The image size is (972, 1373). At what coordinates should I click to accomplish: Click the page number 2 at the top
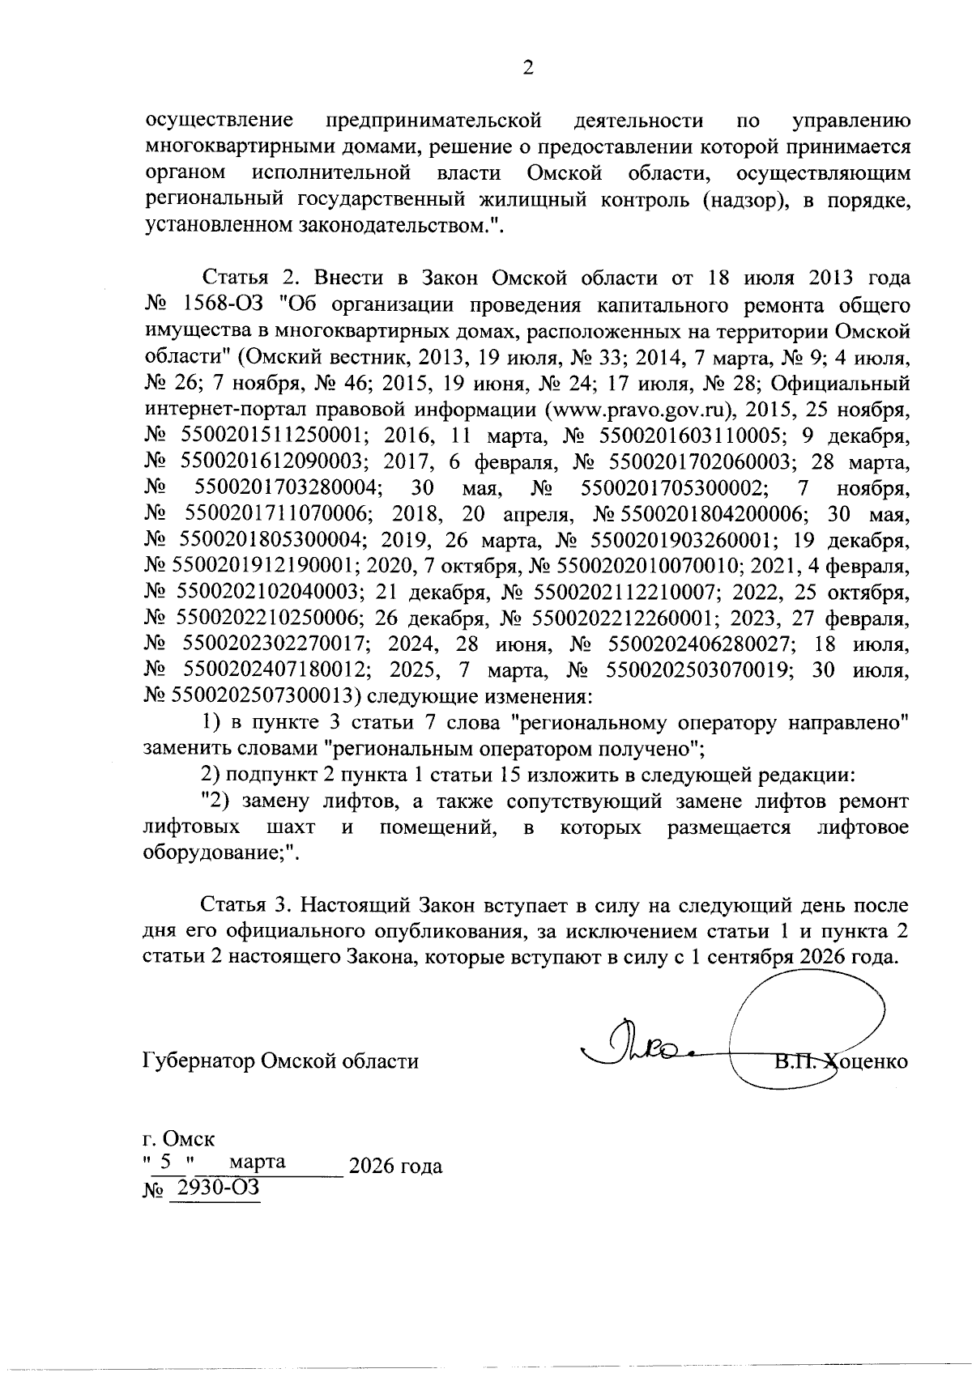pyautogui.click(x=527, y=70)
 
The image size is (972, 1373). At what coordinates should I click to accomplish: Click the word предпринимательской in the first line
pyautogui.click(x=433, y=121)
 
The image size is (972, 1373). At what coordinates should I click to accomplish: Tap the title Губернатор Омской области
pyautogui.click(x=281, y=1061)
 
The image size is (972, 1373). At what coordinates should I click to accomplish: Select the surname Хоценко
pyautogui.click(x=865, y=1061)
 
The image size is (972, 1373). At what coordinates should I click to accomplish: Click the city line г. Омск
pyautogui.click(x=178, y=1140)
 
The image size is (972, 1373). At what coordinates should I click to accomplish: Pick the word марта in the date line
pyautogui.click(x=258, y=1162)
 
